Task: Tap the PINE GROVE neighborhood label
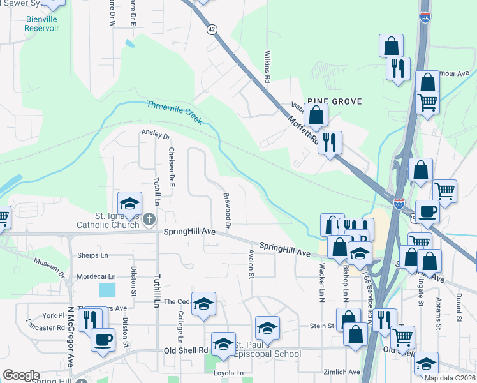point(334,101)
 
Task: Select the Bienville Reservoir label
point(42,24)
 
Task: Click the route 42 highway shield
point(212,29)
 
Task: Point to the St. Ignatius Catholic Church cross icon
point(149,220)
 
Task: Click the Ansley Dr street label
point(156,135)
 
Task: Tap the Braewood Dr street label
point(226,209)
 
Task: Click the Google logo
point(21,375)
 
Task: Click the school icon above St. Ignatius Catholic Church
point(129,204)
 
